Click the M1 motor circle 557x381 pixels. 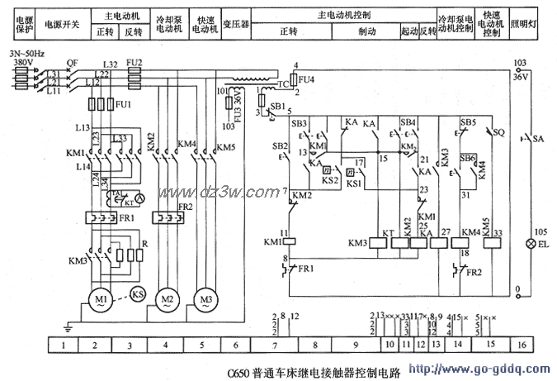101,297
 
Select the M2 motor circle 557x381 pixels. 167,297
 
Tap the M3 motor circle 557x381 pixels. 202,297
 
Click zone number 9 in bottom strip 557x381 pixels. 354,344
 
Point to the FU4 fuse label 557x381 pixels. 305,80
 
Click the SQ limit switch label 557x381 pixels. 499,131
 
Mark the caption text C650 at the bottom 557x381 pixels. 241,371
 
